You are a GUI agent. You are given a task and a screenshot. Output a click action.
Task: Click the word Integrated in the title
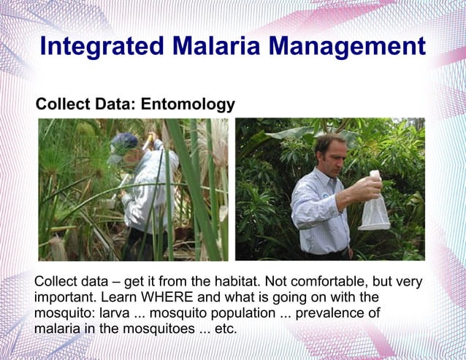101,46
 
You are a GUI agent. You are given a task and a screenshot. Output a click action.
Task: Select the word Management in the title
347,46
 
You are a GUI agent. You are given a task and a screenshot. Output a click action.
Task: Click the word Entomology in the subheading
188,104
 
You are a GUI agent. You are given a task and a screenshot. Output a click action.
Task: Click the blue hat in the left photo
125,142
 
